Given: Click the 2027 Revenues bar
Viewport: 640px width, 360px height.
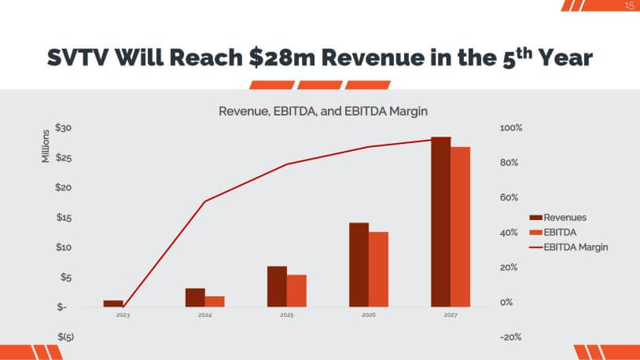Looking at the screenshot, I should [440, 222].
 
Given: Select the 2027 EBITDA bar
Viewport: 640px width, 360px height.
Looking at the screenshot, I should [460, 226].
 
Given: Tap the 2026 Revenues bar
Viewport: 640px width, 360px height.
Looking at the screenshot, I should [359, 264].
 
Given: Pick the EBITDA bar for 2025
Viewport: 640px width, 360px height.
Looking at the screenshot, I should [296, 290].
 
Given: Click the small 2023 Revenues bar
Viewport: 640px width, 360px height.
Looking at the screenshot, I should [113, 303].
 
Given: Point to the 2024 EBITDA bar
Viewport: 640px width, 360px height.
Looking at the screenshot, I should [215, 301].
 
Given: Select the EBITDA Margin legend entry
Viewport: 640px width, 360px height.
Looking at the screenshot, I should [569, 247].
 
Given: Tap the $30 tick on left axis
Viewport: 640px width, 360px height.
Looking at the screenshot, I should [64, 128].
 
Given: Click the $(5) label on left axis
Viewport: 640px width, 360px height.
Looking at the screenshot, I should [65, 337].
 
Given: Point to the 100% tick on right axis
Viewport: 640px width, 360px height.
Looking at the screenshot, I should [510, 128].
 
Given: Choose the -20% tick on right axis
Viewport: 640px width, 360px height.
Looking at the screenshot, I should [510, 337].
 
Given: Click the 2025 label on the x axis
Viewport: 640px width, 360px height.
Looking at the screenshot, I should [286, 314].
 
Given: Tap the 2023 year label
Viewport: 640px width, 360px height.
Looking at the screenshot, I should [123, 314].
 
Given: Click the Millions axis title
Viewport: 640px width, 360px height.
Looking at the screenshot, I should [46, 145].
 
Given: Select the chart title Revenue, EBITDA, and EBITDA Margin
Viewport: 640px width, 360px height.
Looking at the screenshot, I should [322, 112].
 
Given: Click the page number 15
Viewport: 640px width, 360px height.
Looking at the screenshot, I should [629, 6].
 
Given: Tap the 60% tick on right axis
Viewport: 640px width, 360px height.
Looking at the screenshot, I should [510, 198].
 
